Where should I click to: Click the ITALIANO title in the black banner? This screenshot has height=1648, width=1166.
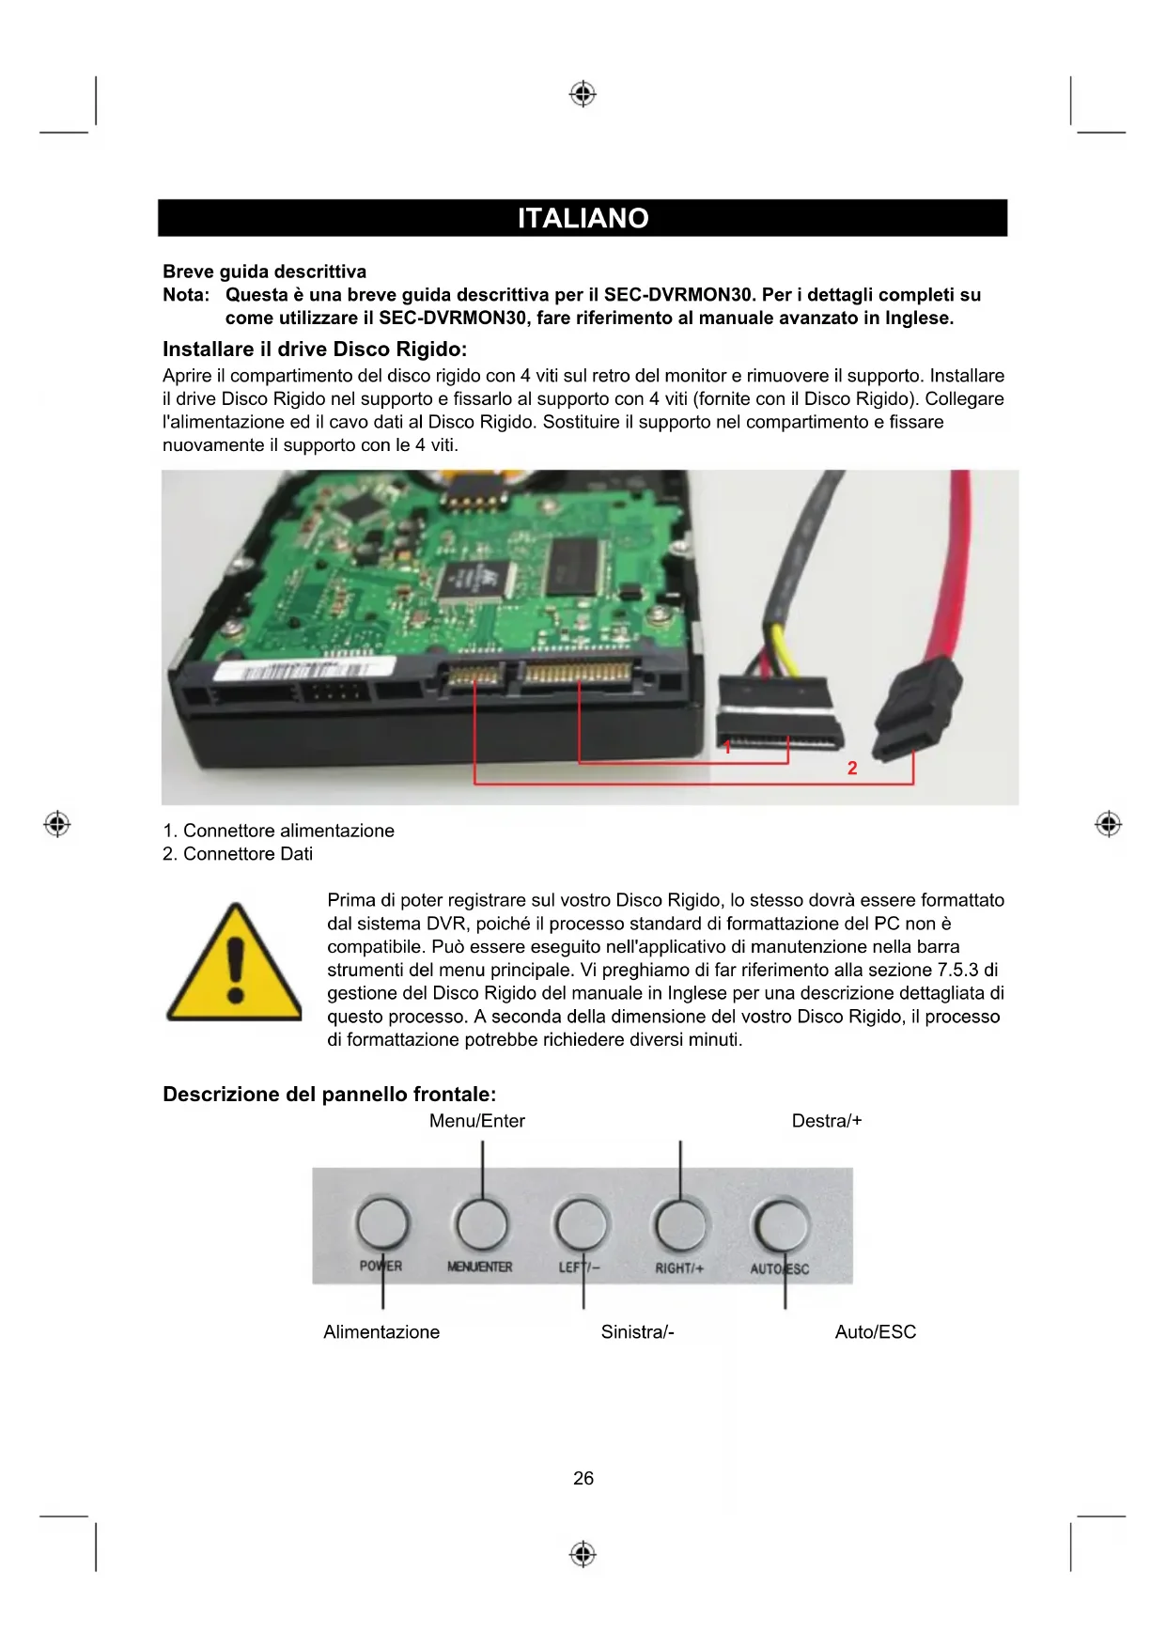583,218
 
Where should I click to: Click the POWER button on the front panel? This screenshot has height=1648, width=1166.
382,1223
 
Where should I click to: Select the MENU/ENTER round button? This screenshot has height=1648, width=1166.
481,1223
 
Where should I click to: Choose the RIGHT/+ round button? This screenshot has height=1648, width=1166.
680,1224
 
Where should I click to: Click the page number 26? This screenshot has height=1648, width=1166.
583,1478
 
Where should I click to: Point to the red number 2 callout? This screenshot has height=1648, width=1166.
852,768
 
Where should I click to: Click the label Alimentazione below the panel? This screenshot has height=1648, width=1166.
381,1331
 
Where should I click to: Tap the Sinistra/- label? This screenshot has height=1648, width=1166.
637,1331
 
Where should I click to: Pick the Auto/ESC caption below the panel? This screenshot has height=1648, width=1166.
875,1331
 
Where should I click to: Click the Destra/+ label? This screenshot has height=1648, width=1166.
826,1120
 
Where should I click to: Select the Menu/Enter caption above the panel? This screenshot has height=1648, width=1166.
477,1120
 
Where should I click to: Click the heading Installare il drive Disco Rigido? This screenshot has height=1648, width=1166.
315,350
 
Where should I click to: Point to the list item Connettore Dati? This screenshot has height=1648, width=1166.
238,853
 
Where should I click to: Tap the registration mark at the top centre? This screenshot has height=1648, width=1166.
583,94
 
